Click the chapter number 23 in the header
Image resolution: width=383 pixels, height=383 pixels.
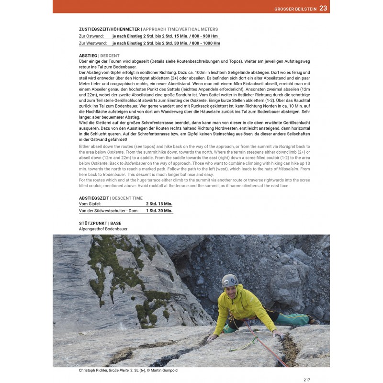coord(323,8)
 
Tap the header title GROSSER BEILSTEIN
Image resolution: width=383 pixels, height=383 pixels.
coord(294,8)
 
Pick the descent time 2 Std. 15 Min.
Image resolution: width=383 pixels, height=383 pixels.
coord(159,203)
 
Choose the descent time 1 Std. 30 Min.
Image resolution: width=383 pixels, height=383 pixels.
coord(159,211)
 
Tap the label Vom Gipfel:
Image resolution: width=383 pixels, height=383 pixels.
coord(90,203)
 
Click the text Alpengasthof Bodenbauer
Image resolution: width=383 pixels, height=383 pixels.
coord(103,229)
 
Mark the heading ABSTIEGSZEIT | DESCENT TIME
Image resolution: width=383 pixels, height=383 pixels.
coord(111,198)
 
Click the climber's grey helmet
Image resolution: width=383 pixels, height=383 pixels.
coord(230,280)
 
